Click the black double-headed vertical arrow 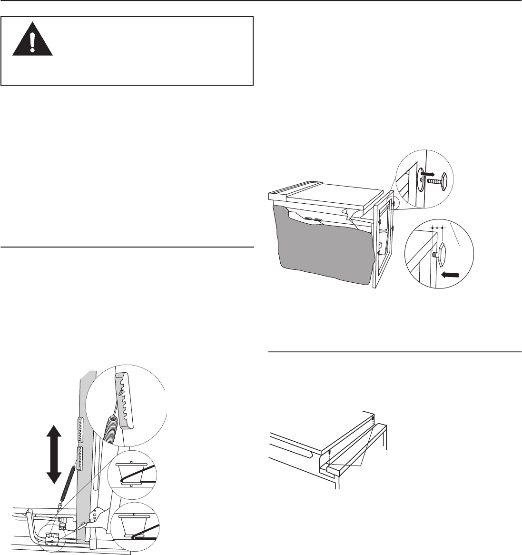[x=53, y=455]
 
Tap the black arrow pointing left [x=451, y=275]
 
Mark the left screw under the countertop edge [x=329, y=452]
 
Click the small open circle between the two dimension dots [x=437, y=228]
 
